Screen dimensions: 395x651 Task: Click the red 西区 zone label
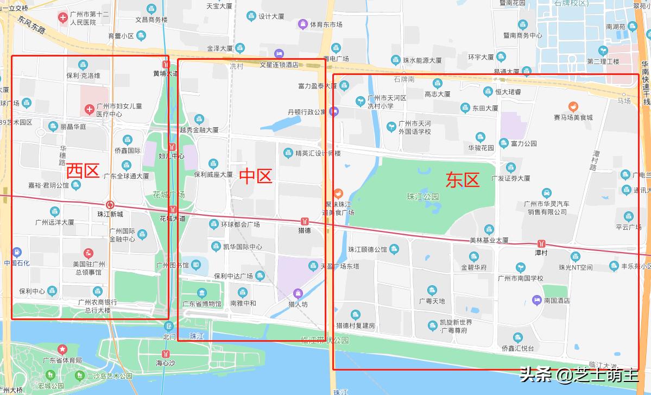coord(83,171)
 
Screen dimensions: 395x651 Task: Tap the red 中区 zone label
coord(255,176)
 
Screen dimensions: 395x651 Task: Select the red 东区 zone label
coord(463,180)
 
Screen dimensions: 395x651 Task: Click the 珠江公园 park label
coord(423,197)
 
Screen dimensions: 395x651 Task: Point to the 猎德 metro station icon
coord(305,221)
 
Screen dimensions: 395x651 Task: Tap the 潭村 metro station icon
coord(541,243)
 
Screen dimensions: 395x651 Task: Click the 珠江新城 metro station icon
coord(110,205)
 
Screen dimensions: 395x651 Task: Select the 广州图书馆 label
coord(172,266)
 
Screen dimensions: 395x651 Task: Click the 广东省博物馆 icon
coord(202,293)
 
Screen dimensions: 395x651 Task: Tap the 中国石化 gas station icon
coord(17,253)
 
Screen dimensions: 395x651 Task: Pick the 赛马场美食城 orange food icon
coord(573,106)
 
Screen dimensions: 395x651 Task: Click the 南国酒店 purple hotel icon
coord(536,300)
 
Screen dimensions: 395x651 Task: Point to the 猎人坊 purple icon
coord(297,293)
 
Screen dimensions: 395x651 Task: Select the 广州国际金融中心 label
coord(122,235)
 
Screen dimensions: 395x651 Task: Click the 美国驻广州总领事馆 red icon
coord(89,253)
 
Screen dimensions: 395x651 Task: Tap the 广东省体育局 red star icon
coord(62,349)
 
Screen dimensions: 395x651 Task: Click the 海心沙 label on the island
coord(166,362)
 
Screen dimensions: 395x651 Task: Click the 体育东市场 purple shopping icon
coord(302,24)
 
